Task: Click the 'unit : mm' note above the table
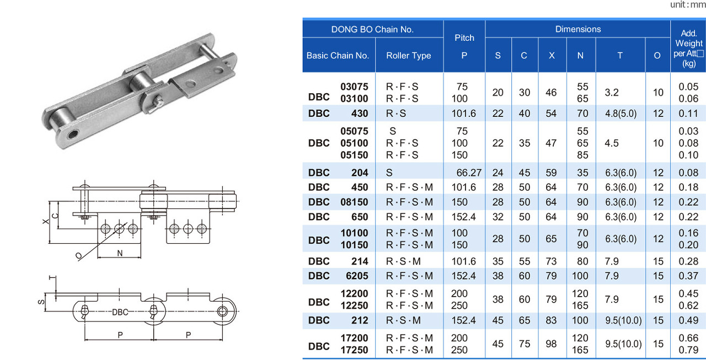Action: tap(688, 5)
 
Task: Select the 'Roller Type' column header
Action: tap(409, 56)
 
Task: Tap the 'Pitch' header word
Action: tap(464, 38)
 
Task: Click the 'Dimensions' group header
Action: tap(577, 29)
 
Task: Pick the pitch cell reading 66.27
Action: tap(469, 173)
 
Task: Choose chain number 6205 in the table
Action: tap(357, 276)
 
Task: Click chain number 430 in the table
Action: tap(360, 114)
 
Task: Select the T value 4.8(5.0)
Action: tap(621, 114)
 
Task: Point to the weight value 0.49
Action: tap(688, 320)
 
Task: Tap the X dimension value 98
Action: tap(551, 344)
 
